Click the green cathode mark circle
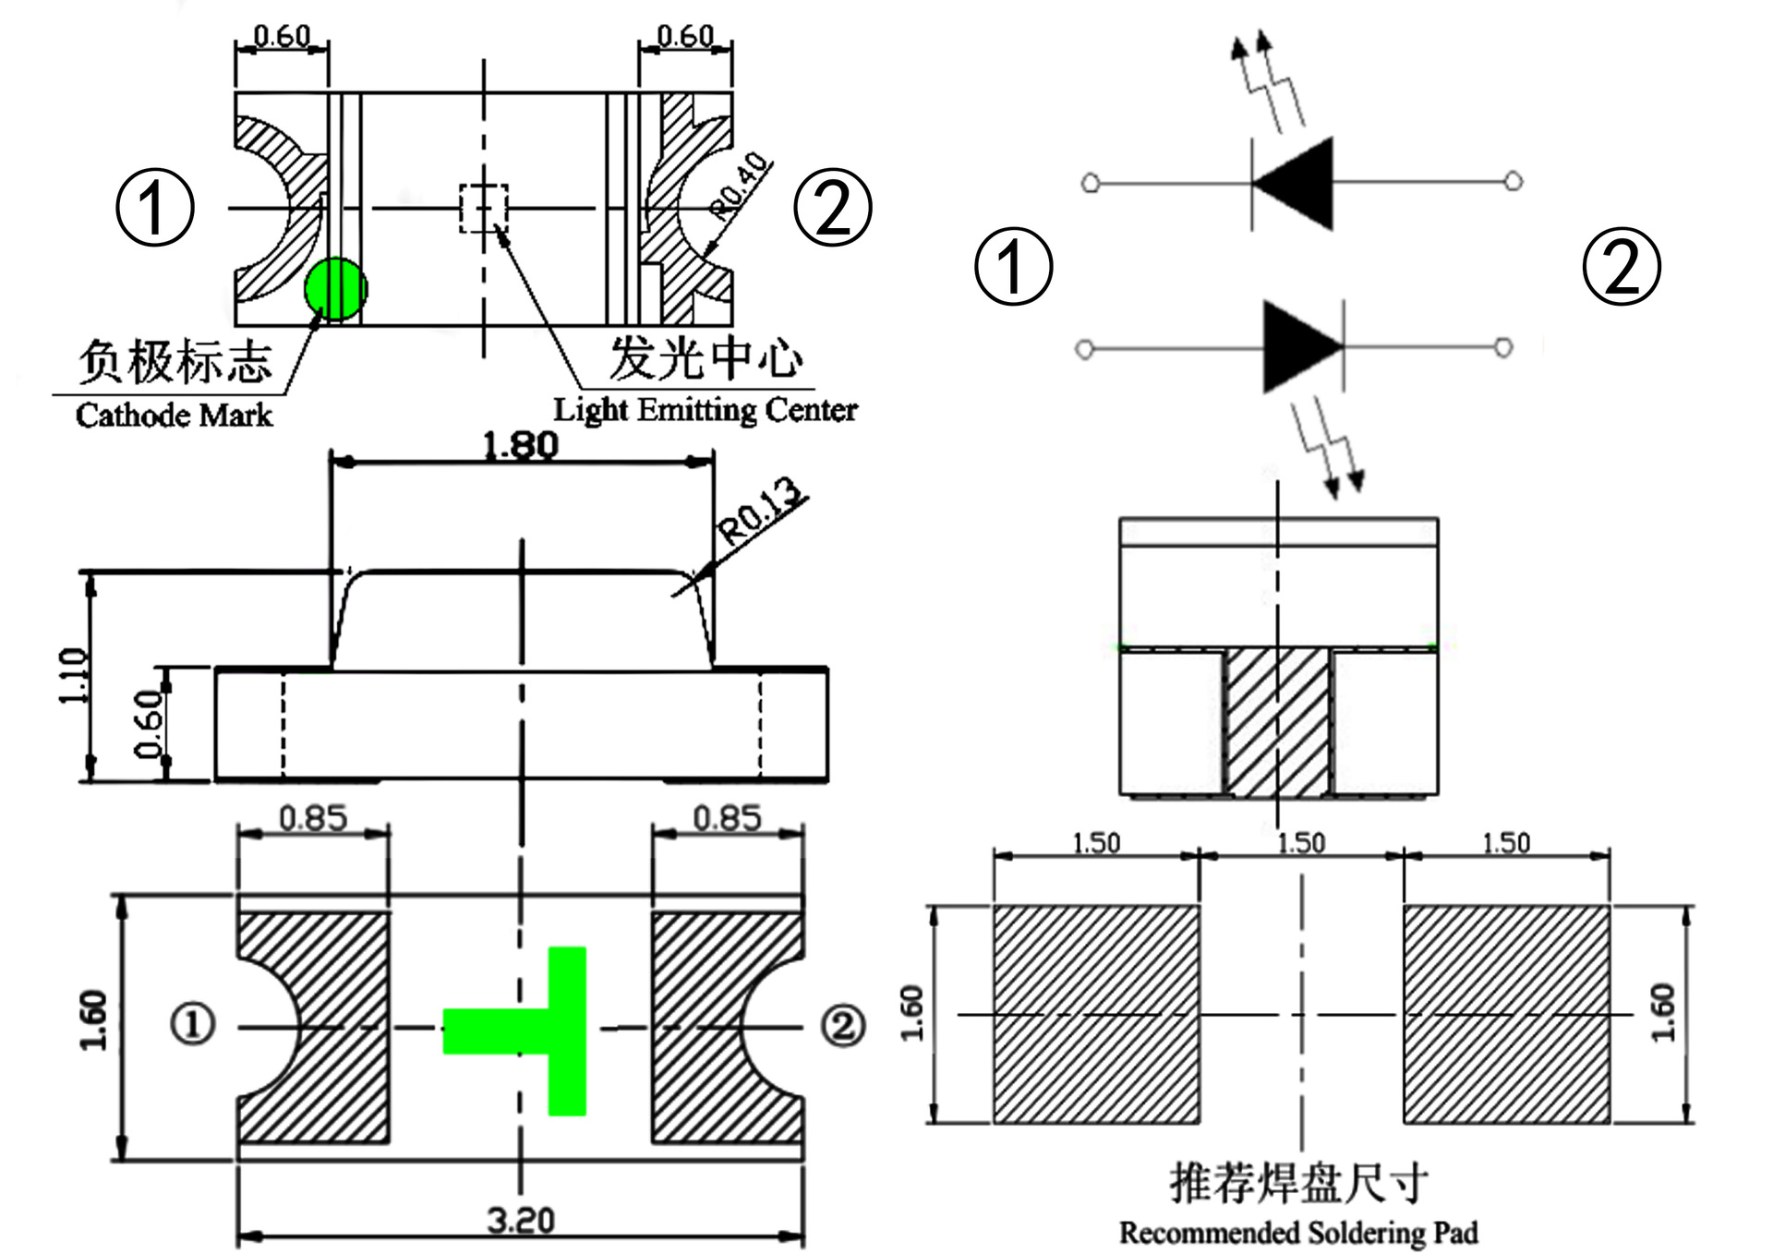pos(336,290)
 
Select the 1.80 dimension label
pos(521,446)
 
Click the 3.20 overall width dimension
pos(521,1221)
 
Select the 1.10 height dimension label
pos(74,676)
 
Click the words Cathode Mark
pos(174,416)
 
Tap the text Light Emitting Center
pos(705,409)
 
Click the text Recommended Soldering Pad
pos(1298,1233)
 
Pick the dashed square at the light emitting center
pos(484,209)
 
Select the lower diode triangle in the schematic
pos(1300,346)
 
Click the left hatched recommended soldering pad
pos(1096,1014)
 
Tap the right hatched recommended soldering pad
pos(1506,1014)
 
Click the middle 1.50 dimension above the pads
pos(1300,843)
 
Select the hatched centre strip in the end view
pos(1278,720)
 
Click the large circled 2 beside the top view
pos(833,208)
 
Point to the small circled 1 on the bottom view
pos(193,1024)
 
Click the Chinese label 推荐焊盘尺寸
pos(1298,1183)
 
